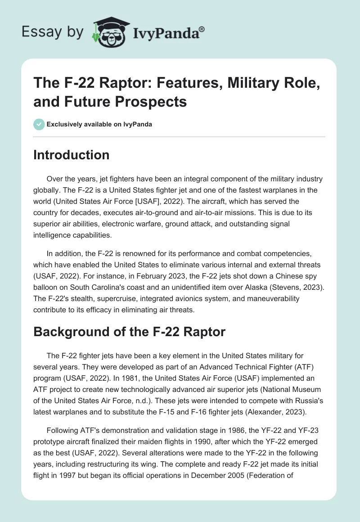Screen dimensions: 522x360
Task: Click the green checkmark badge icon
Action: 39,124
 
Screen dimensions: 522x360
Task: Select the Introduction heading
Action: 72,155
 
